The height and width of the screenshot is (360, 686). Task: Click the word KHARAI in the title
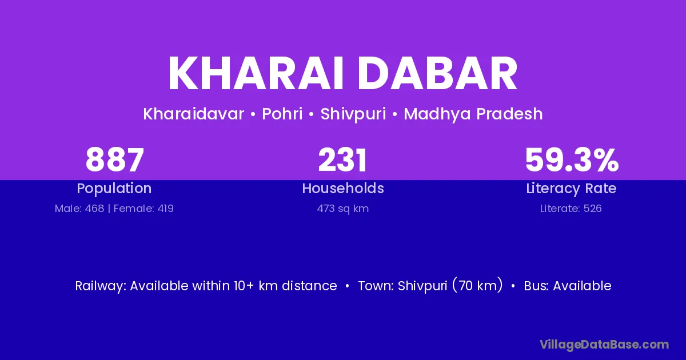coord(256,73)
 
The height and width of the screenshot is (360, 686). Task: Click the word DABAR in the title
coord(437,73)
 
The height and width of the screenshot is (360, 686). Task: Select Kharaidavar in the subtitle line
coord(194,114)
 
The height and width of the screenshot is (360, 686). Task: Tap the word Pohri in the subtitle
coord(282,114)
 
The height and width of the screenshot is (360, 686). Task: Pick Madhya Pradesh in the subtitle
coord(473,114)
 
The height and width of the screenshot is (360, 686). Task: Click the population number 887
coord(114,160)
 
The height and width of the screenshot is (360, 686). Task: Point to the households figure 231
coord(342,160)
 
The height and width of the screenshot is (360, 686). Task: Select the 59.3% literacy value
coord(572,160)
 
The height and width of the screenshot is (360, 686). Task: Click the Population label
coord(114,188)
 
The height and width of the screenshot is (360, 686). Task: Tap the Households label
coord(343,188)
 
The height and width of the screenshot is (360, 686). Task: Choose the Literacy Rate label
coord(571,188)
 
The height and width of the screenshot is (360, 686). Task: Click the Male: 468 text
coord(79,209)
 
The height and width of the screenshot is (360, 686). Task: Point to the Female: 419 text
coord(143,209)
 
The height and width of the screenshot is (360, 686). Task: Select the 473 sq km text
coord(343,209)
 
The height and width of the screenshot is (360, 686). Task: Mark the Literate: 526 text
coord(571,209)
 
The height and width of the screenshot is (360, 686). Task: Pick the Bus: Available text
coord(568,286)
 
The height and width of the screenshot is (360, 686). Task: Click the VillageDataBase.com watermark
coord(604,345)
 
